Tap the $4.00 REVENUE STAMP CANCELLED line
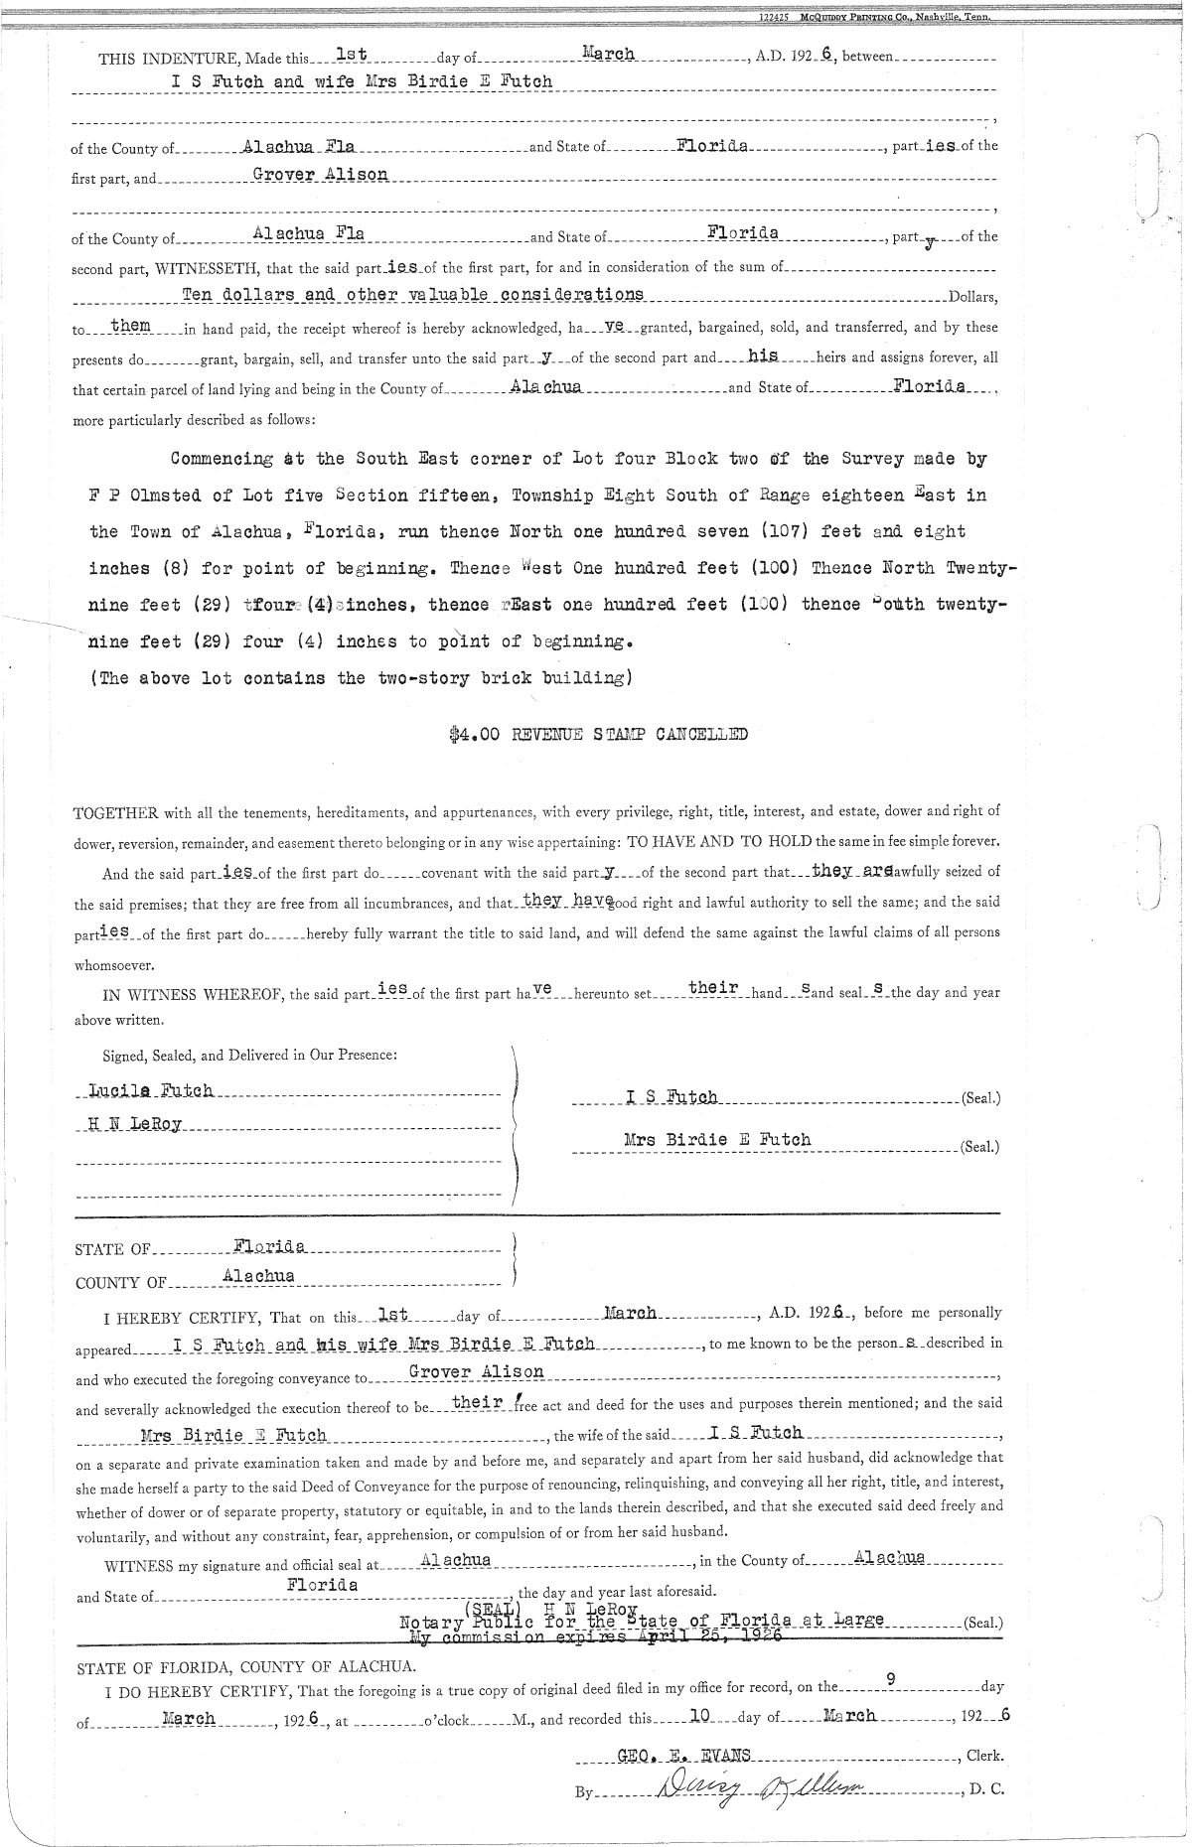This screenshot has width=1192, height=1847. coord(598,735)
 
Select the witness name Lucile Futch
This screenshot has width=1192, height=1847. coord(151,1090)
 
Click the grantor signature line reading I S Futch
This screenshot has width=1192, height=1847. coord(671,1097)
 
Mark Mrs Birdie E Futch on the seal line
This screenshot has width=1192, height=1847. coord(717,1140)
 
